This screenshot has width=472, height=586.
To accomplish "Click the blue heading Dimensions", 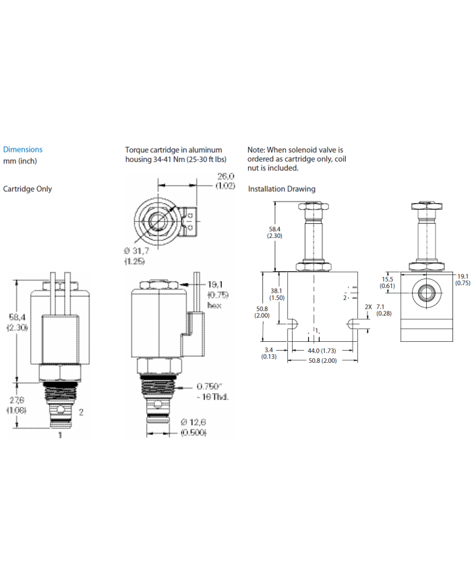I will click(x=23, y=150).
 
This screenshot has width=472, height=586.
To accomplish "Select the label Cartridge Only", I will click(x=28, y=189).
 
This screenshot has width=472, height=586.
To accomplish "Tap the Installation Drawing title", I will click(x=281, y=189).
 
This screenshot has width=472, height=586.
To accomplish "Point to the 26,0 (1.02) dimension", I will click(x=225, y=181).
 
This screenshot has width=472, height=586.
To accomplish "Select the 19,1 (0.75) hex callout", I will click(x=216, y=295).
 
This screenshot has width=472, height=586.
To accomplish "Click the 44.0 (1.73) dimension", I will click(x=322, y=351).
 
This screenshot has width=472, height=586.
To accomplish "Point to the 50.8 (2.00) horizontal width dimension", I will click(x=322, y=361).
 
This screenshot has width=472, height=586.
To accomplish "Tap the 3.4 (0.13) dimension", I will click(x=269, y=353).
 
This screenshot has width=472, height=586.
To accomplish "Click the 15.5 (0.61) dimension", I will click(x=387, y=282).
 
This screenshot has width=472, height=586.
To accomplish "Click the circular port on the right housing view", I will click(x=426, y=292).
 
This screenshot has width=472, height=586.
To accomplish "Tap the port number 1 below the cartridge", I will click(x=59, y=436).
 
